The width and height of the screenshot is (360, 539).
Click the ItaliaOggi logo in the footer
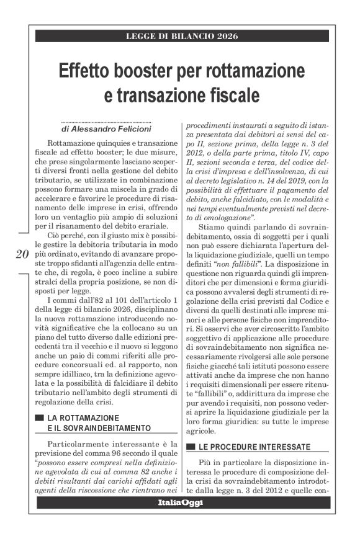(179, 502)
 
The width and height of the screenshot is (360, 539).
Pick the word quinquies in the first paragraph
(102, 143)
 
